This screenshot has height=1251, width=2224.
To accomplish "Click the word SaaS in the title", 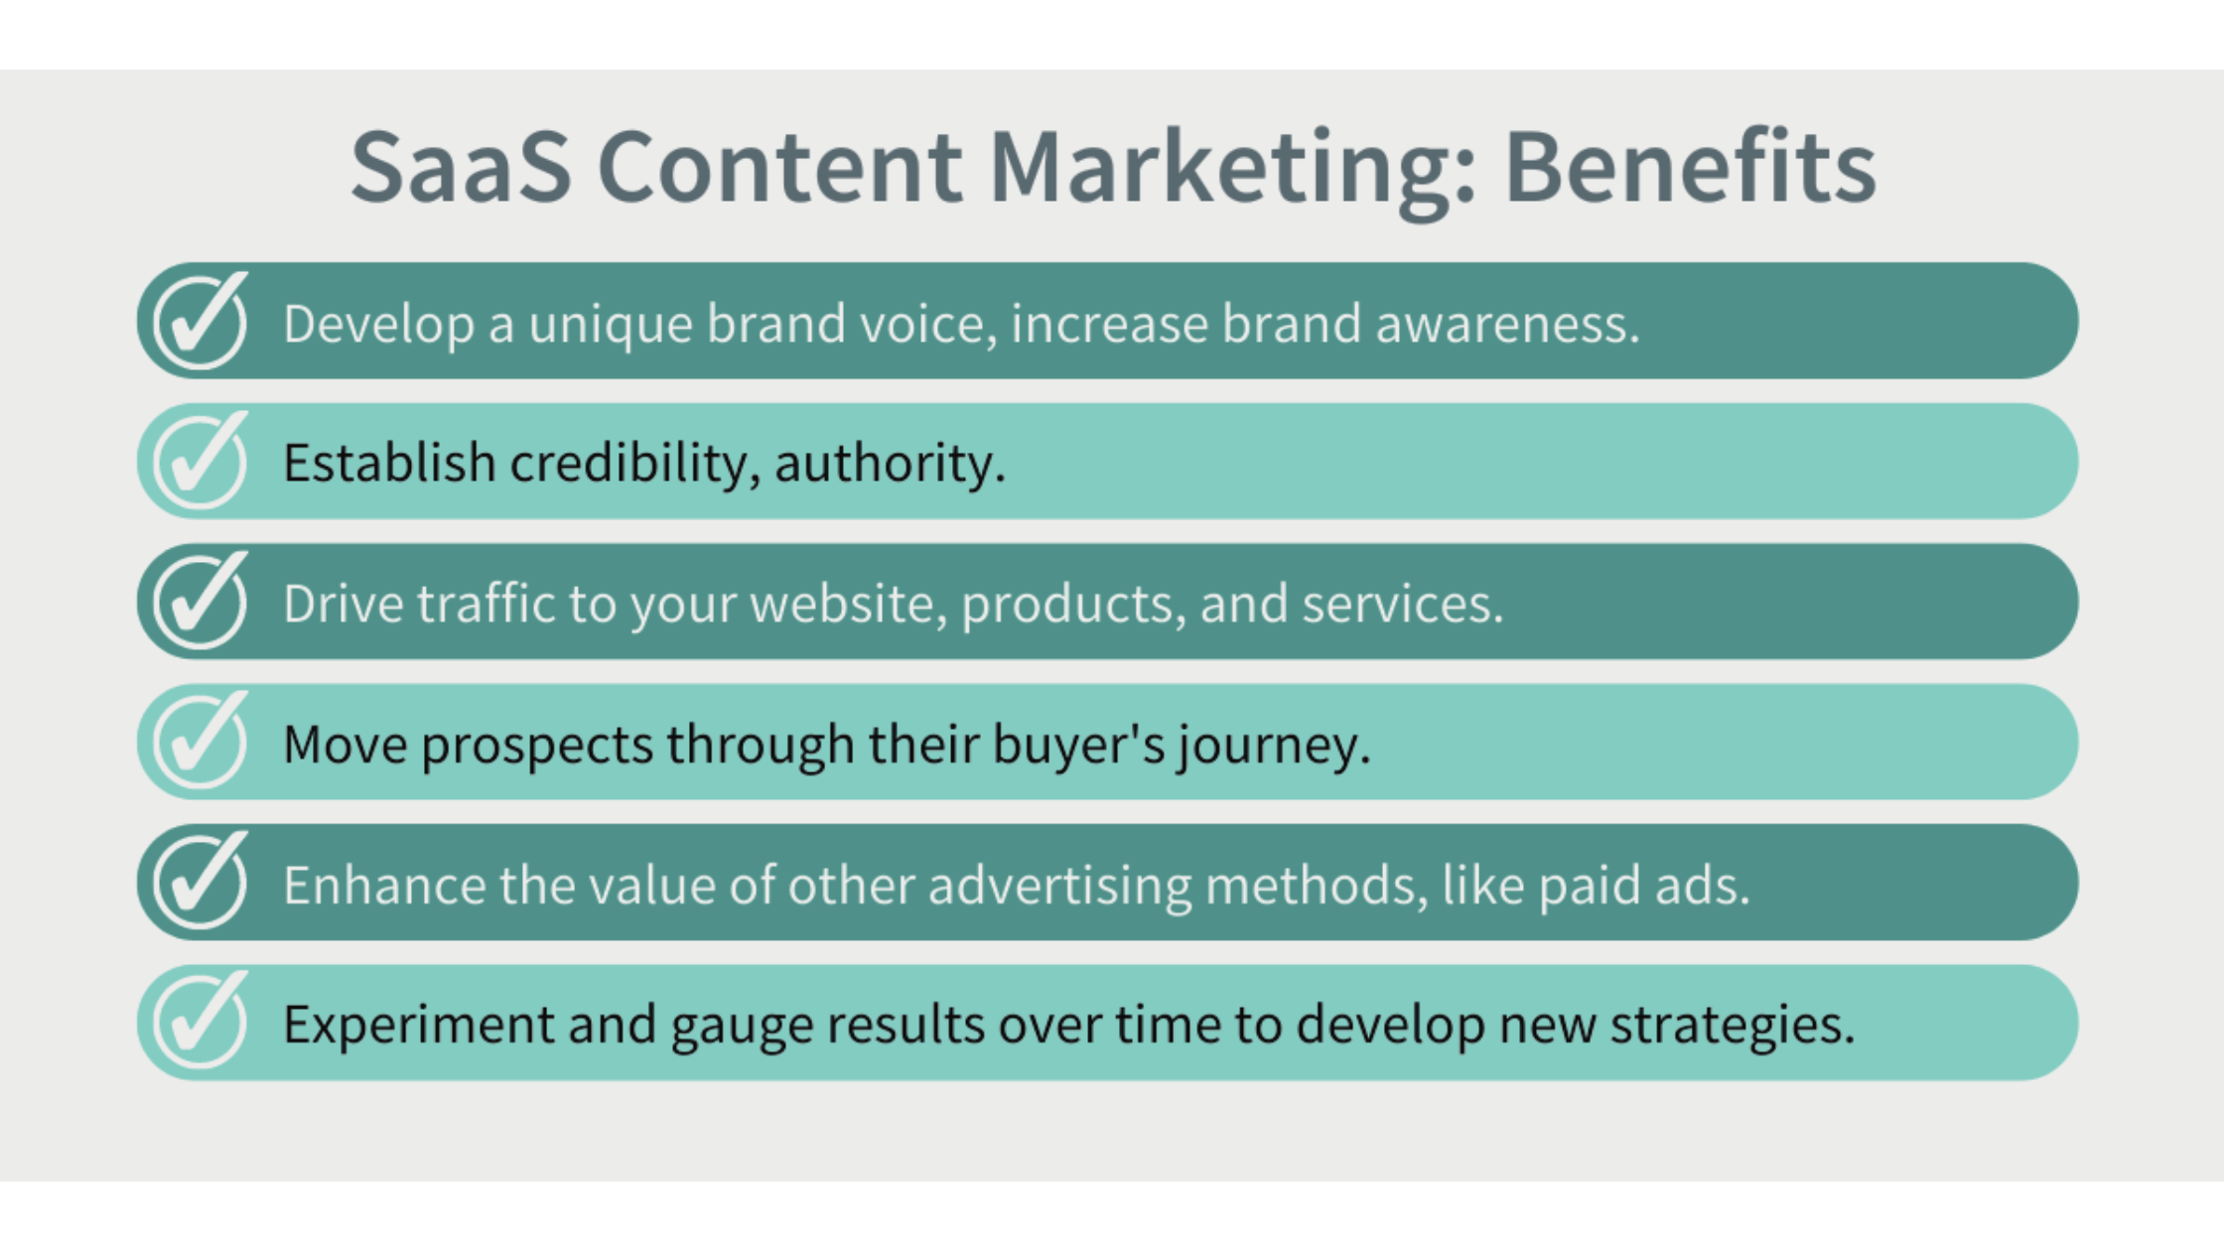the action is pos(462,167).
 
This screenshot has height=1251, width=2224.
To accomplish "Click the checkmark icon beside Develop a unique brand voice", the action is pos(201,320).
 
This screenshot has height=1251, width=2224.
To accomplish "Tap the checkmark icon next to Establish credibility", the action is pos(201,460).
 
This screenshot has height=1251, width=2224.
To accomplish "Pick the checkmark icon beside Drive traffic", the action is pos(201,600).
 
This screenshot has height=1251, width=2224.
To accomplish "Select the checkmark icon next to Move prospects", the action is pos(201,740).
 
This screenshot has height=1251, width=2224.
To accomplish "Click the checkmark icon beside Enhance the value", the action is pos(201,881).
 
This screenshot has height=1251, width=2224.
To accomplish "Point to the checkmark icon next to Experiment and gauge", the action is pos(201,1021).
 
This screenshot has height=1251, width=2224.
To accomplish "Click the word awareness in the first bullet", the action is pos(1507,325).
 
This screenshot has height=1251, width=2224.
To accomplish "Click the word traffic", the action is pos(486,603).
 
